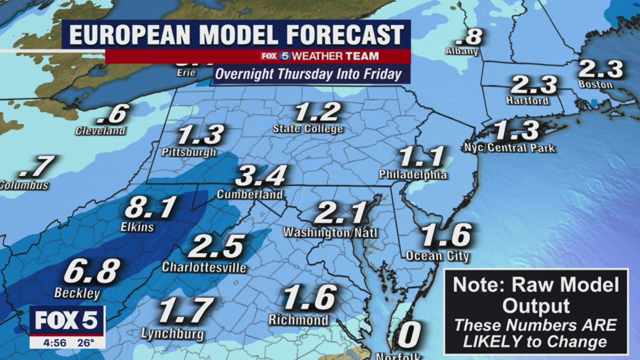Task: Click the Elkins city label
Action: [x=137, y=227]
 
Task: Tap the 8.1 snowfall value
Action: [x=150, y=207]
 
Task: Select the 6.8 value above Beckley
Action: [x=92, y=271]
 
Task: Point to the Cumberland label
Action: [x=249, y=194]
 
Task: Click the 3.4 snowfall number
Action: [x=261, y=176]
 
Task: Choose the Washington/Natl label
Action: [x=330, y=233]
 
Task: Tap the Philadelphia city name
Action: [x=412, y=175]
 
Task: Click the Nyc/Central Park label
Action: [x=509, y=148]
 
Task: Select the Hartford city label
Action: [x=527, y=101]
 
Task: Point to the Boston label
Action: [x=595, y=84]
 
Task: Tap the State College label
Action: [x=308, y=129]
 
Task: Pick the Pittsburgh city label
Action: [x=189, y=152]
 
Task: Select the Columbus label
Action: [x=23, y=185]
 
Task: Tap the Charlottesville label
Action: [x=204, y=267]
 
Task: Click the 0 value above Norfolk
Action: [x=408, y=334]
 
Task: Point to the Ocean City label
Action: [x=437, y=256]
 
